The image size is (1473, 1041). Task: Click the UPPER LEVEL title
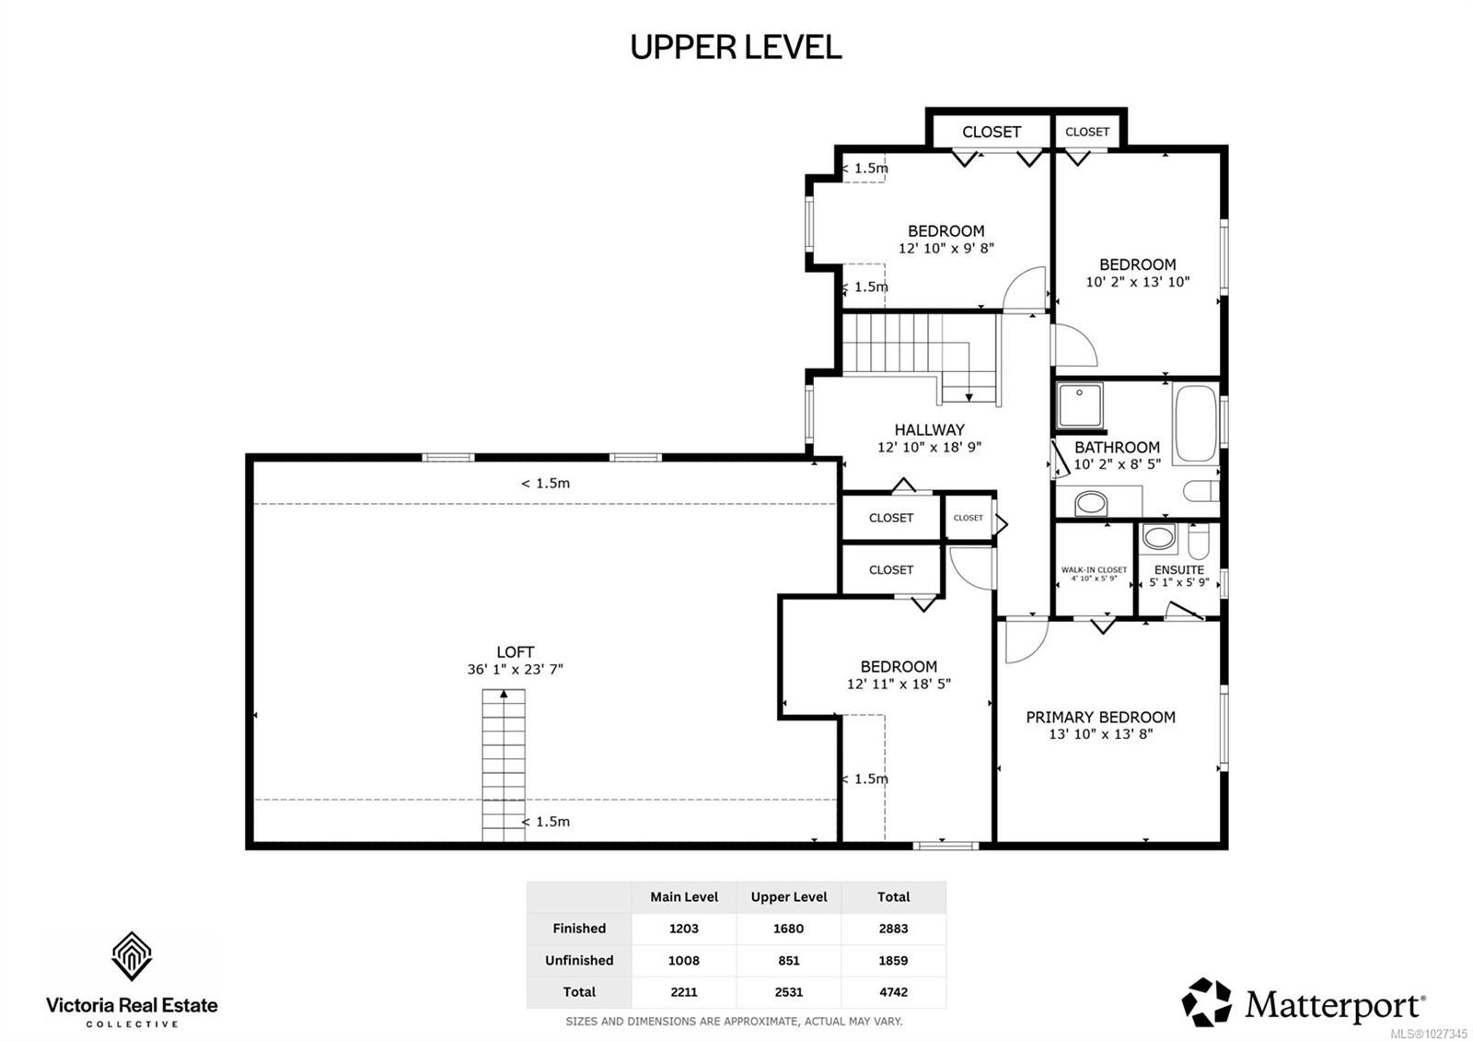(x=736, y=47)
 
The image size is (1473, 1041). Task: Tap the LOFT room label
(x=515, y=651)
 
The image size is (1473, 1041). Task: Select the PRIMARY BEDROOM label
(x=1100, y=717)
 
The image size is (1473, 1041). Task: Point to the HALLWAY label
(x=929, y=429)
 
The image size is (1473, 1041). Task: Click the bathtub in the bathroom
(x=1196, y=424)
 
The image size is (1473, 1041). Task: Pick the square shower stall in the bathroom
(x=1081, y=405)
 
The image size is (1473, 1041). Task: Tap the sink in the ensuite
(x=1159, y=536)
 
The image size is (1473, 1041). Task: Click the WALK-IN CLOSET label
(x=1094, y=569)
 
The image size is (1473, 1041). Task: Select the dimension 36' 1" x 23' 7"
(x=515, y=669)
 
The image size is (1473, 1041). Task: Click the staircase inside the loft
(x=504, y=766)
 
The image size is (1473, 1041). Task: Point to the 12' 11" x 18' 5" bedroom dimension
(x=899, y=684)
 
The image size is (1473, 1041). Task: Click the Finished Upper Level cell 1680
(x=788, y=929)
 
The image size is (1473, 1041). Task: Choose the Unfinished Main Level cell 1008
(x=684, y=960)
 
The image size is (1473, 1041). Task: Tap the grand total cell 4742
(x=893, y=991)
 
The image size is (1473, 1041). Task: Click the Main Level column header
(x=684, y=897)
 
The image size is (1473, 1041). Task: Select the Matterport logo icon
(x=1206, y=1002)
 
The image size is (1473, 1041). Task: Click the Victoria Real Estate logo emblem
(x=132, y=956)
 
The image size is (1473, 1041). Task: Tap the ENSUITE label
(x=1179, y=570)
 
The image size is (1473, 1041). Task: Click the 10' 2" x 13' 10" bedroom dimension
(x=1138, y=282)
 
